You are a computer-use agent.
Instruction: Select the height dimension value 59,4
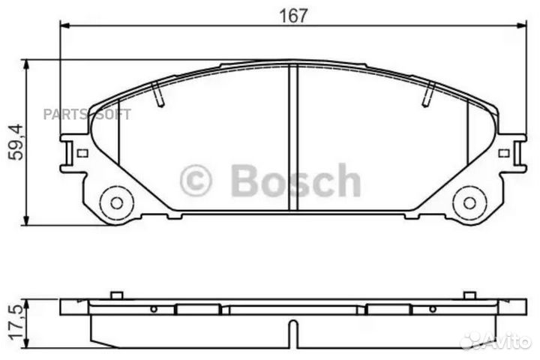coord(14,142)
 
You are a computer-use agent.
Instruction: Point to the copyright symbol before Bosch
coord(196,181)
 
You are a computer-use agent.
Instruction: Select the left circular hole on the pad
coord(116,202)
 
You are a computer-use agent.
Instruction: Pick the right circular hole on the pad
coord(470,202)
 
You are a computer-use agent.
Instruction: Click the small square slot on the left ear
coord(82,153)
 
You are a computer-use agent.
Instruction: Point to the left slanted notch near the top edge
coord(157,94)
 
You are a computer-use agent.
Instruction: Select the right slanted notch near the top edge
coord(429,94)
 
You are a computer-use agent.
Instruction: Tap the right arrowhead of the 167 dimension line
coord(522,25)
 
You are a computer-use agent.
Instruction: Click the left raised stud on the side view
coord(115,295)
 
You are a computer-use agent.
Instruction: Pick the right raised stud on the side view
coord(469,295)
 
